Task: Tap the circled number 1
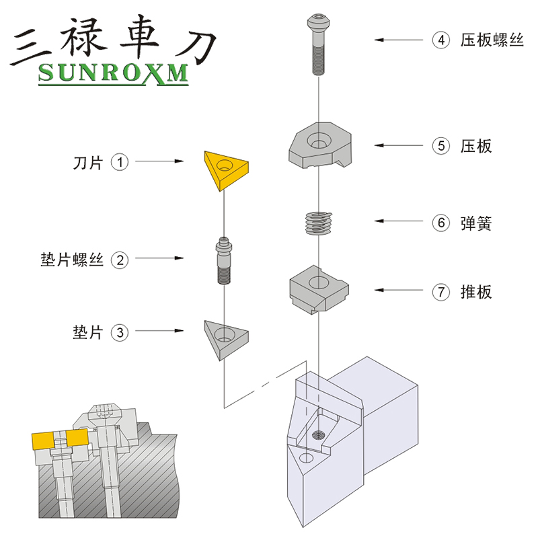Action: tap(120, 162)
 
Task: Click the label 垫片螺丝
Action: tap(72, 260)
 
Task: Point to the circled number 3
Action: tap(120, 332)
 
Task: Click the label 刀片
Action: tap(87, 163)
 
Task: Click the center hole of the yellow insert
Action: tap(223, 165)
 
